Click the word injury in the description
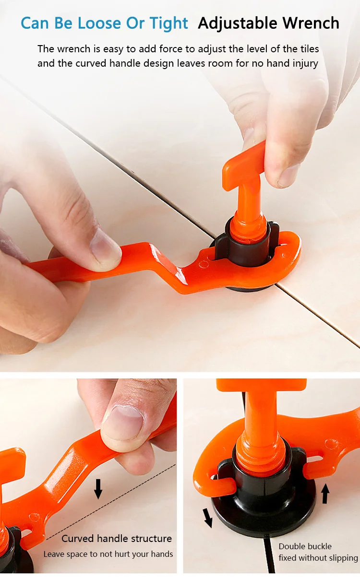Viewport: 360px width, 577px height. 304,63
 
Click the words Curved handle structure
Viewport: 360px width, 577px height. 116,538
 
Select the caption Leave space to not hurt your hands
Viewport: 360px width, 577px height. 108,554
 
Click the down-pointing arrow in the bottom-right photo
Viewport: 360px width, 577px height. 208,518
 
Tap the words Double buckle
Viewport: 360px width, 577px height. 305,546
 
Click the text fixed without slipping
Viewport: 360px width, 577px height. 318,558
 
